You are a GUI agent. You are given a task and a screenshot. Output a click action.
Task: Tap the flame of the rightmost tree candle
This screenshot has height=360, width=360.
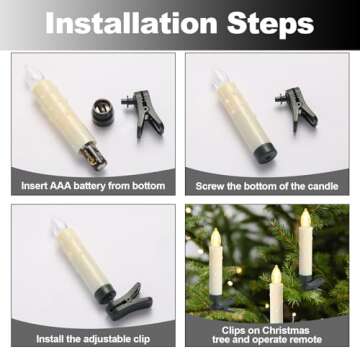(305, 219)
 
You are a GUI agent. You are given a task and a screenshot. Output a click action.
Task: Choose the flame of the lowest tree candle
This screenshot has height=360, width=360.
(276, 275)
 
